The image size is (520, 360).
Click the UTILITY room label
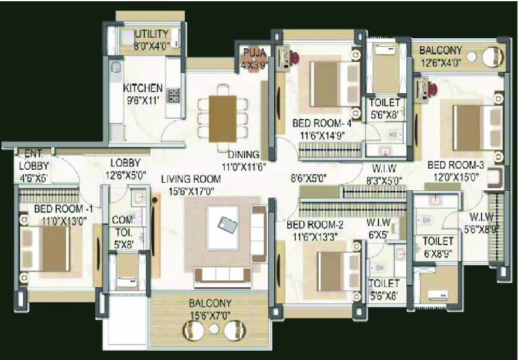pyautogui.click(x=152, y=34)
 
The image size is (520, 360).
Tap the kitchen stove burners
pyautogui.click(x=173, y=96)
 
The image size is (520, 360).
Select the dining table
pyautogui.click(x=222, y=119)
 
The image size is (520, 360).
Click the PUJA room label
pyautogui.click(x=254, y=52)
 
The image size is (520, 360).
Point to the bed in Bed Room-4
pyautogui.click(x=335, y=84)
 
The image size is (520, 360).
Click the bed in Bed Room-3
pyautogui.click(x=477, y=127)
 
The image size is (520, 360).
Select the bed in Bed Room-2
pyautogui.click(x=338, y=272)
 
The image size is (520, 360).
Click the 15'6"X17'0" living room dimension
pyautogui.click(x=191, y=191)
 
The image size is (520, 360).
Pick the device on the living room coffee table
pyautogui.click(x=227, y=225)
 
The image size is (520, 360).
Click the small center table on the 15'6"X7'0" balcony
pyautogui.click(x=214, y=329)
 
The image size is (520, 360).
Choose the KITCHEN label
pyautogui.click(x=143, y=88)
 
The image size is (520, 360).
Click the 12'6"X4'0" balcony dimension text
pyautogui.click(x=440, y=62)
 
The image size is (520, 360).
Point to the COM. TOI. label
pyautogui.click(x=124, y=225)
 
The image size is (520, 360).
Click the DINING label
pyautogui.click(x=244, y=154)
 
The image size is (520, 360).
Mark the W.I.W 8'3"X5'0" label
pyautogui.click(x=385, y=174)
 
